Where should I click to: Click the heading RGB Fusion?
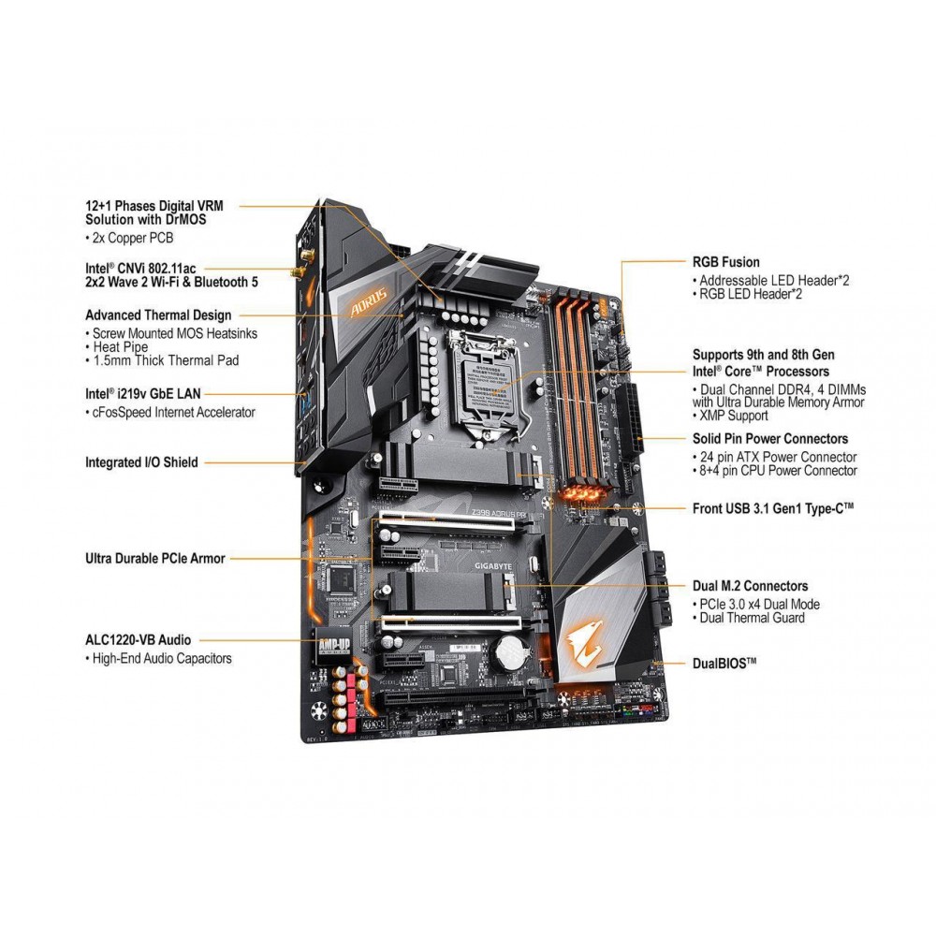coord(725,262)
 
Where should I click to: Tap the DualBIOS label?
coord(724,662)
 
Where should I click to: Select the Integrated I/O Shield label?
coord(141,461)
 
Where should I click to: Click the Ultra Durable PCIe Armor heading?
coord(155,559)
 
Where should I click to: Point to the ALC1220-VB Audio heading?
coord(138,639)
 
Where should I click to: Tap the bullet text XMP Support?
coord(734,416)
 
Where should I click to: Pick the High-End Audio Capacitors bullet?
coord(161,658)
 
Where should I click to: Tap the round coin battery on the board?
coord(511,651)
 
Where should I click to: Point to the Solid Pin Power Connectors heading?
coord(769,438)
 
